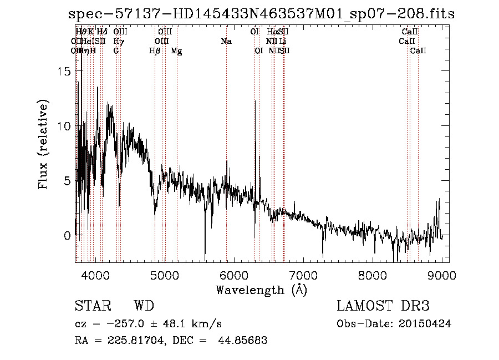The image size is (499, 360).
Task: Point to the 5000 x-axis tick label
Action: click(164, 275)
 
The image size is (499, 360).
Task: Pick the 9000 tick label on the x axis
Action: click(441, 275)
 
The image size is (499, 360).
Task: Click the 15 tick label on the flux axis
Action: click(65, 72)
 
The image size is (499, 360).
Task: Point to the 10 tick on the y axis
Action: click(65, 126)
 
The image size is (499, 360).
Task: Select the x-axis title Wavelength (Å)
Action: click(261, 290)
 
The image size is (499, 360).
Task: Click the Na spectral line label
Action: click(226, 41)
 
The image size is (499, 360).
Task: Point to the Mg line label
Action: click(176, 51)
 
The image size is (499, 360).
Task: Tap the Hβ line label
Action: click(155, 51)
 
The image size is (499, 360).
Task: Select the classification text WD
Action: click(144, 306)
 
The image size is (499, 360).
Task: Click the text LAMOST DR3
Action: click(383, 306)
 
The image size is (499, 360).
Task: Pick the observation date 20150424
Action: click(425, 323)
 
